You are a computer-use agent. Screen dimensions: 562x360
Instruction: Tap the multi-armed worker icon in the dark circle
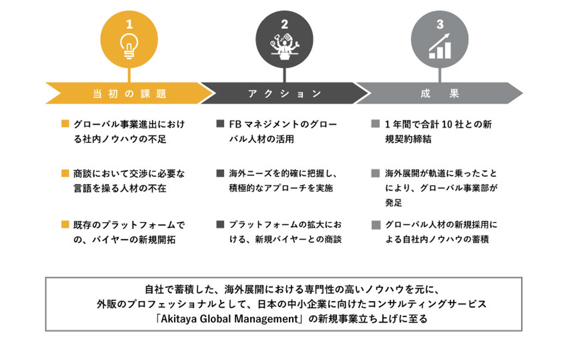(285, 47)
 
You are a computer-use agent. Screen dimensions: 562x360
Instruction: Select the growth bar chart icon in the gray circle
(439, 46)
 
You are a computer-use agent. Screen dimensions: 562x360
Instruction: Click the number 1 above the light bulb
(129, 24)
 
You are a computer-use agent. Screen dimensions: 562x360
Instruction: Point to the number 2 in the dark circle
(284, 24)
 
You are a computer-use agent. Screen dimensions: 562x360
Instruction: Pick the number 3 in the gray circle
(440, 24)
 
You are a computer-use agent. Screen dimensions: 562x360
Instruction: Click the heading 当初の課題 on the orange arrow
(130, 94)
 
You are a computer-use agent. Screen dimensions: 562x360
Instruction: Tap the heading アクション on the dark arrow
(285, 94)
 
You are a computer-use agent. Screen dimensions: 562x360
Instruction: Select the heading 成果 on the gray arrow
(440, 94)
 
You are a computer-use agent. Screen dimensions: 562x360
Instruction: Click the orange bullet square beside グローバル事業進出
(65, 124)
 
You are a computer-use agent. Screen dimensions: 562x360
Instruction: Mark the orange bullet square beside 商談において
(65, 173)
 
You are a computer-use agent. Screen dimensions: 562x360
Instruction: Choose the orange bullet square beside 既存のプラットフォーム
(65, 225)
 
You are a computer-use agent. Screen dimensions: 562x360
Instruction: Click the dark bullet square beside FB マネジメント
(220, 124)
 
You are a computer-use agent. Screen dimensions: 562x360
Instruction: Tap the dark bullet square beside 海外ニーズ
(220, 173)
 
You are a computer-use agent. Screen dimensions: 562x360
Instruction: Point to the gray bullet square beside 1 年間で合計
(375, 124)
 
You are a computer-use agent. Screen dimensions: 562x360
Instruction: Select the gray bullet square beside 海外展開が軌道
(375, 173)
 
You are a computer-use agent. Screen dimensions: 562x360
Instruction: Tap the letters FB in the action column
(235, 124)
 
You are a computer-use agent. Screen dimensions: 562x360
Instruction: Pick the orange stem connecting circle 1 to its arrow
(129, 75)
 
